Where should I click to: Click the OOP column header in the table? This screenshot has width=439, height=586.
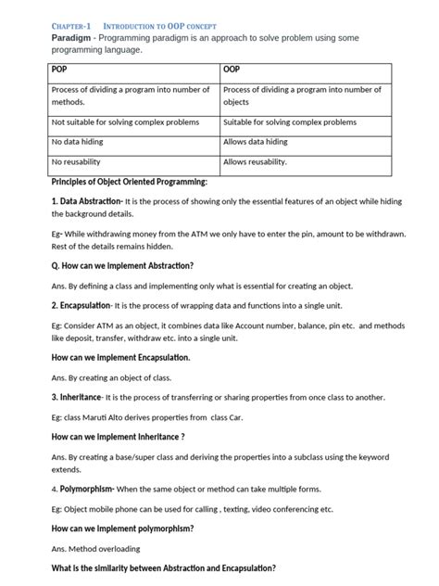coord(232,70)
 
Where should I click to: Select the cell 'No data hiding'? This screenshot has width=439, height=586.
coord(79,142)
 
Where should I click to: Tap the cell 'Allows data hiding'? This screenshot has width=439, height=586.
coord(256,142)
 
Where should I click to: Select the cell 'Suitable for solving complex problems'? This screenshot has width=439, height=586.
coord(290,121)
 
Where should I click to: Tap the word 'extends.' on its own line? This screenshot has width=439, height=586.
coord(67,469)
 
